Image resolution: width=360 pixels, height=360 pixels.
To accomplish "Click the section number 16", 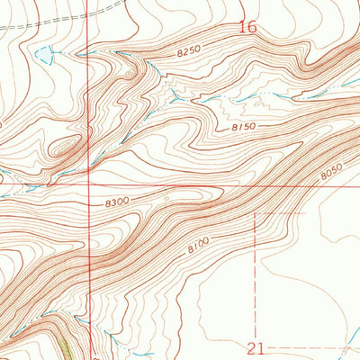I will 247,28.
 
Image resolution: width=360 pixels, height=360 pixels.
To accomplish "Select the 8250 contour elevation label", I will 188,53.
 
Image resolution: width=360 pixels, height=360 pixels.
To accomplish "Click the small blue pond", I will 43,57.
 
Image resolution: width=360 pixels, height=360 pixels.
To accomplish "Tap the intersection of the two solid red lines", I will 89,187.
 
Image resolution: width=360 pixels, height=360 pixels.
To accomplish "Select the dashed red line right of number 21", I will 306,346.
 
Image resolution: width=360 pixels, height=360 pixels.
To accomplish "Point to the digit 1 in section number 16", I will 242,28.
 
